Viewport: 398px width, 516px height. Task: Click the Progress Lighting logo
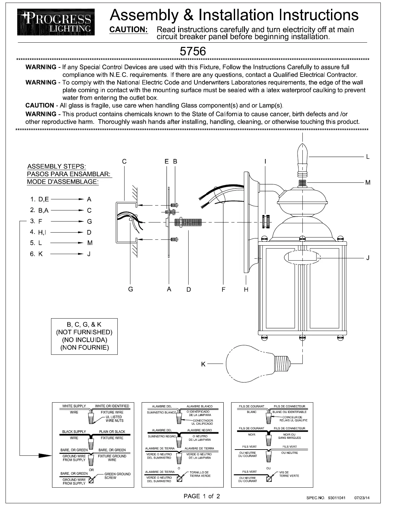[x=56, y=22]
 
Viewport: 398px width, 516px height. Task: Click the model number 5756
[x=193, y=51]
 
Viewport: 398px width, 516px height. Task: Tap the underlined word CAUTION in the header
[x=129, y=30]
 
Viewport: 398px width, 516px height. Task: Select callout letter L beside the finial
[x=368, y=157]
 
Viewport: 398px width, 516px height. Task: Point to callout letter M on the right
[x=368, y=182]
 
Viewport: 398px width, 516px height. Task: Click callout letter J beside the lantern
[x=368, y=258]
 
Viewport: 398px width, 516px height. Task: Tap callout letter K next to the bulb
[x=203, y=364]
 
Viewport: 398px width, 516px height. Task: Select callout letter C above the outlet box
[x=124, y=162]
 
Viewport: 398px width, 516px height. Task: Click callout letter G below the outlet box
[x=130, y=289]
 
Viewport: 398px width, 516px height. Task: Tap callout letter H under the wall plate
[x=246, y=289]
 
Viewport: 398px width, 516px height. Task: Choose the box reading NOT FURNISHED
[x=84, y=336]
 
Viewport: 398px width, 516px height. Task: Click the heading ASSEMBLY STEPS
[x=57, y=166]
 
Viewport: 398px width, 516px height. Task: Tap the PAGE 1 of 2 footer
[x=202, y=496]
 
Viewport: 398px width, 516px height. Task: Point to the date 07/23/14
[x=362, y=498]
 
